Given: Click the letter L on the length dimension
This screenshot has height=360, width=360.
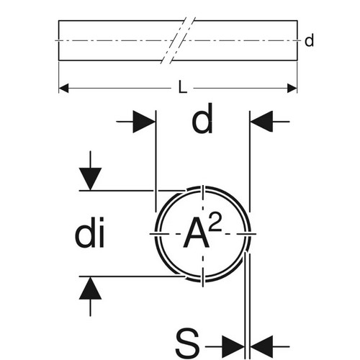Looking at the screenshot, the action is (183, 87).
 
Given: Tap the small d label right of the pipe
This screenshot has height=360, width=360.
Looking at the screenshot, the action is (309, 40).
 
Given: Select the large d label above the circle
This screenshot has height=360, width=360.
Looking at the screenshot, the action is (202, 119).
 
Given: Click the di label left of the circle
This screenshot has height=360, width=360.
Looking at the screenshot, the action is (90, 232).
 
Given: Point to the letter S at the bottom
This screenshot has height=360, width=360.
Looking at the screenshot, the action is (187, 343).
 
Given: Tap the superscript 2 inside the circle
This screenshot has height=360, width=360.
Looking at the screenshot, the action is (215, 222).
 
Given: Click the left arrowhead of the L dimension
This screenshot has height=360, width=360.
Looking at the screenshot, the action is (63, 89).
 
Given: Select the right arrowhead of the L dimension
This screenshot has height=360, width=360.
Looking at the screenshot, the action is (292, 89).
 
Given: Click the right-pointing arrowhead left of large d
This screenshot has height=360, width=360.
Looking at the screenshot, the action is (144, 122).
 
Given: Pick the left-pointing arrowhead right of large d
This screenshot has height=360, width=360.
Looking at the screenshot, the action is (261, 122).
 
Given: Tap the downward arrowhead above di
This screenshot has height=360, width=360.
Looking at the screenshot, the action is (90, 179).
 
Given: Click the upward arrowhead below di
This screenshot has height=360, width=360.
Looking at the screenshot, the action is (90, 288).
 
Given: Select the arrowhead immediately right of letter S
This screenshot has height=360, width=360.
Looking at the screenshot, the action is (233, 346).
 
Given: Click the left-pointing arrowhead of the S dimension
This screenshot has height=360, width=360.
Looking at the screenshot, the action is (261, 346).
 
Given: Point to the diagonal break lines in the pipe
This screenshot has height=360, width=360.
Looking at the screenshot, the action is (178, 40).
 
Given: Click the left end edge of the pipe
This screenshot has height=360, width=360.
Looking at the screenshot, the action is (59, 40).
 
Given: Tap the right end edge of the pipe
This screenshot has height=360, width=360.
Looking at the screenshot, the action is (297, 40).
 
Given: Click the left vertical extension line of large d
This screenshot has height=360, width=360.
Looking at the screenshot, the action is (156, 161).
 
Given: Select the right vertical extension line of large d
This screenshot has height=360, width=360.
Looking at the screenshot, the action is (250, 161).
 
